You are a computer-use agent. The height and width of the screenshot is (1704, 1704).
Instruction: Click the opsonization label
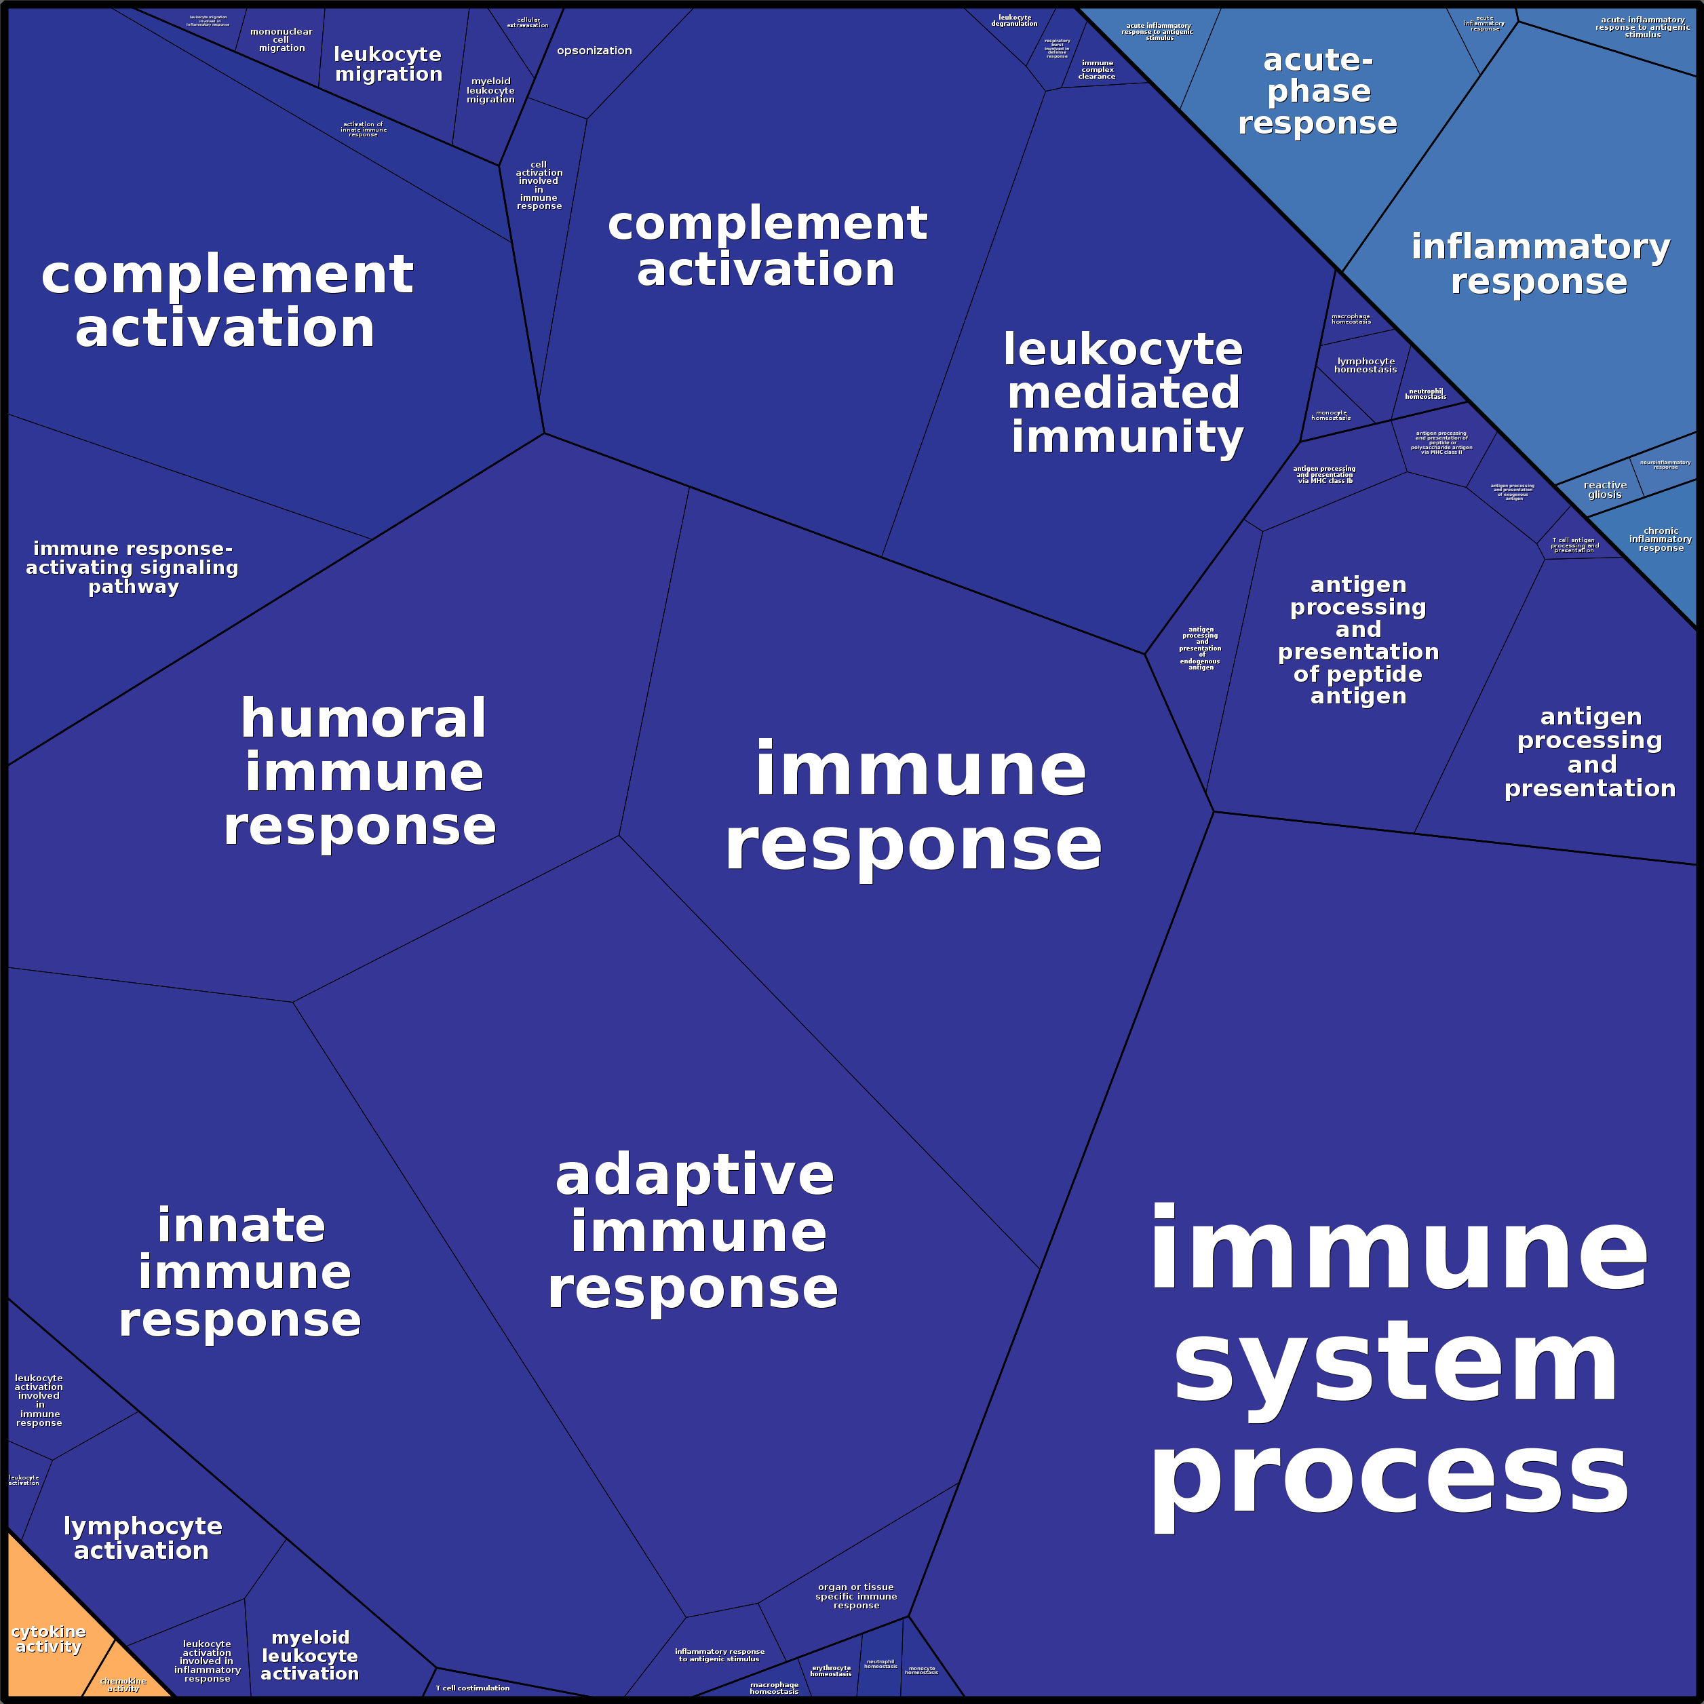594,51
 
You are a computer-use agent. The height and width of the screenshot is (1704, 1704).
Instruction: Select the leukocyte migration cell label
388,64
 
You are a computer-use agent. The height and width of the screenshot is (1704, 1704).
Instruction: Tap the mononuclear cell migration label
282,41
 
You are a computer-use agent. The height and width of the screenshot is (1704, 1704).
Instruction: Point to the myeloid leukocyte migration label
490,91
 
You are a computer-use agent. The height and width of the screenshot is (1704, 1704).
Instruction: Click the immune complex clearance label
1096,70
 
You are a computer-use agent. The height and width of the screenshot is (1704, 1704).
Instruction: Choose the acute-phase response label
1318,92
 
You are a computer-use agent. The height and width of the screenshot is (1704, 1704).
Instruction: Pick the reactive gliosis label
1604,490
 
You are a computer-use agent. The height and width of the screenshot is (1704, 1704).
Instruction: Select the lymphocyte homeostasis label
1366,365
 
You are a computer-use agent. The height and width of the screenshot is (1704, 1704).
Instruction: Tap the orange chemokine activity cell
123,1684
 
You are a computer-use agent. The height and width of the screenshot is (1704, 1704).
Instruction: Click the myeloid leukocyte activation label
309,1655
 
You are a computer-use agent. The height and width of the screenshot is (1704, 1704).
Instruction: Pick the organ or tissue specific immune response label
855,1596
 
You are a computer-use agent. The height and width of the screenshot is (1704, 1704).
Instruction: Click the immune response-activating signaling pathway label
132,567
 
